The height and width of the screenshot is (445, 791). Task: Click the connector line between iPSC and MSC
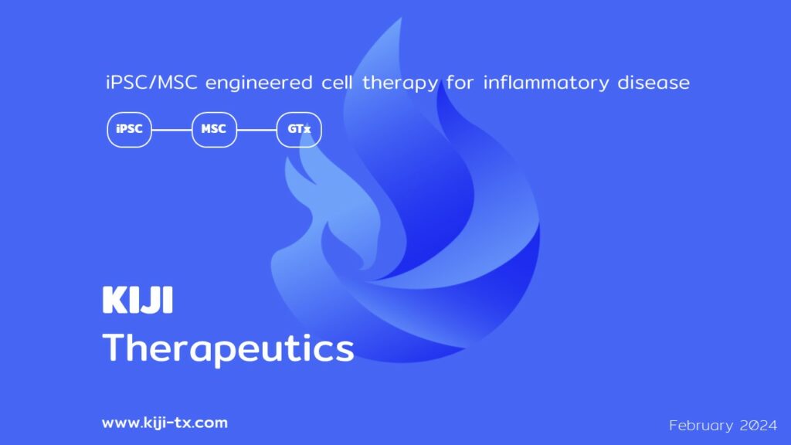tap(171, 130)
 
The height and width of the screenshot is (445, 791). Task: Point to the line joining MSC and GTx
tap(256, 130)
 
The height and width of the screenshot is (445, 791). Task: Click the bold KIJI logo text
tap(137, 300)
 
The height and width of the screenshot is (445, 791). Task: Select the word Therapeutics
tap(228, 348)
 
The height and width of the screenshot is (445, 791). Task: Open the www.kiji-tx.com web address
tap(165, 423)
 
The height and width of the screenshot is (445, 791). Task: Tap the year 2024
tap(759, 426)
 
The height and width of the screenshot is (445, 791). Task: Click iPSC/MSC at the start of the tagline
tap(151, 82)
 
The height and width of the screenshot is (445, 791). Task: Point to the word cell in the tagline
tap(337, 82)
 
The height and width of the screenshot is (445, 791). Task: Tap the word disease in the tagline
tap(654, 82)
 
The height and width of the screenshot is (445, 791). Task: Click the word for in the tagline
tap(460, 82)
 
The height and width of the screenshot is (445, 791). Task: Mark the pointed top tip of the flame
tap(401, 19)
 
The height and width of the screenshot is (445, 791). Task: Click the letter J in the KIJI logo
tap(155, 300)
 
